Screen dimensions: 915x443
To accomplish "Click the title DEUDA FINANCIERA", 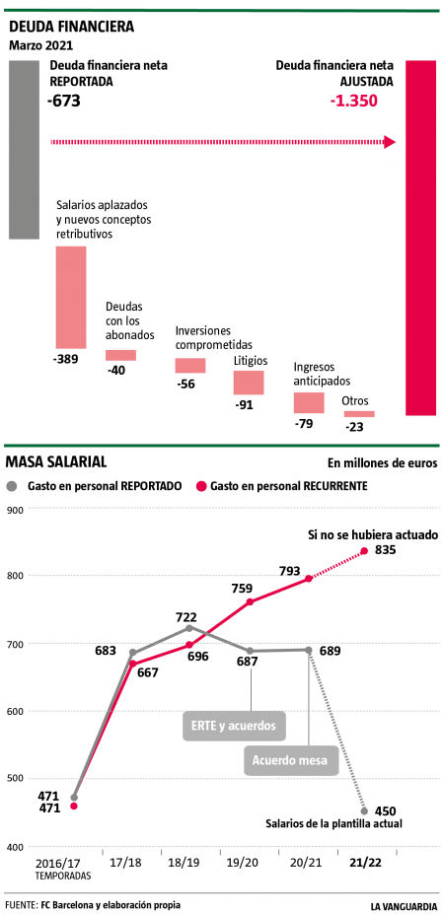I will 71,27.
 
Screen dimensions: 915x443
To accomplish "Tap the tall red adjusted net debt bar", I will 420,237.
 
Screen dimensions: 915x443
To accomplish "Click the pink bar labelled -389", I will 70,295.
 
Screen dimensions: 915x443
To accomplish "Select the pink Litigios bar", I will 249,382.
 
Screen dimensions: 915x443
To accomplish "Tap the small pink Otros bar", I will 359,414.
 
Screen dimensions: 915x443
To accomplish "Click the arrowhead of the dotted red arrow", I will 391,142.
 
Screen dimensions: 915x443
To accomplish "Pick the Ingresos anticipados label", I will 322,374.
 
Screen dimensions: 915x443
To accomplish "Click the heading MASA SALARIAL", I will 56,461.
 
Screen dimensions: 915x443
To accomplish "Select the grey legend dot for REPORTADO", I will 13,486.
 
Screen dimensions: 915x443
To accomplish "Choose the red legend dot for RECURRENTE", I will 203,486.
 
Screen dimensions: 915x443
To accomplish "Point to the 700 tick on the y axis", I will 15,644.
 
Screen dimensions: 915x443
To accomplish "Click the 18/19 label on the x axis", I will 186,861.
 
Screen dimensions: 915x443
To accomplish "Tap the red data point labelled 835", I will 364,551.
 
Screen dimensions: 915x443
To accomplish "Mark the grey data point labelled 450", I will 364,811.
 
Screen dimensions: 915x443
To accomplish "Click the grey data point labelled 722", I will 188,628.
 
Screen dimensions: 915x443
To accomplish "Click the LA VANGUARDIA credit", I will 404,904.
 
